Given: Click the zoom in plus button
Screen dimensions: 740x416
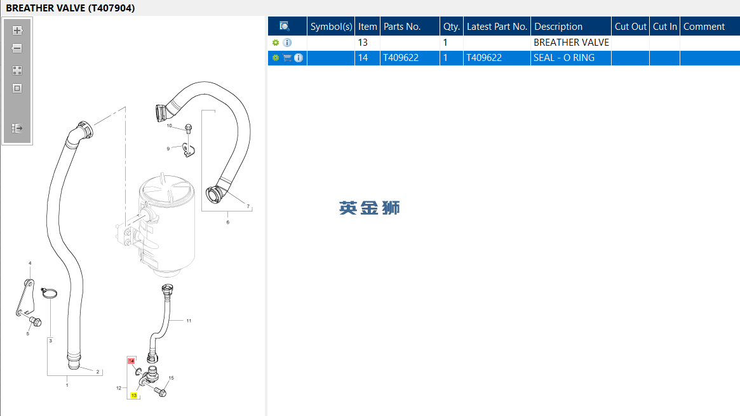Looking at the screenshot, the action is point(17,30).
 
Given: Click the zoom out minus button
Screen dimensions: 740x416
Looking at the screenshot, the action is point(17,48).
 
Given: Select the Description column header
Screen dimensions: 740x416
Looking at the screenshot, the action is point(558,27).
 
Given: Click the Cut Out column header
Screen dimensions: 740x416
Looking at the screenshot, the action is point(631,27).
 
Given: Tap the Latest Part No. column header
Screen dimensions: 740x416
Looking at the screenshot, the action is point(497,27).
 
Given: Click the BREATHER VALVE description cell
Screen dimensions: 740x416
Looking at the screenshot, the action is point(571,43).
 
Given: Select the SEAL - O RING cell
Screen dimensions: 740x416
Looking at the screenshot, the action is point(564,58).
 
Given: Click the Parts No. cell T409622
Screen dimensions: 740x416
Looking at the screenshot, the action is point(401,58).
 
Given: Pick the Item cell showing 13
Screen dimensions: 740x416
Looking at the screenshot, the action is point(363,43).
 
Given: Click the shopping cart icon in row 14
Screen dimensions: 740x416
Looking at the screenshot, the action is point(287,58).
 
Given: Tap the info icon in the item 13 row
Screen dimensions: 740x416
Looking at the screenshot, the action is point(287,43).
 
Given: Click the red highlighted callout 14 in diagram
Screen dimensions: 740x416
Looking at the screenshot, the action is point(131,361).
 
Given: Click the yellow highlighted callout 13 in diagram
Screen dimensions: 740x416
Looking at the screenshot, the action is point(134,395).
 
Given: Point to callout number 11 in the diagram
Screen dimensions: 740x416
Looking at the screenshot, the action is point(189,321).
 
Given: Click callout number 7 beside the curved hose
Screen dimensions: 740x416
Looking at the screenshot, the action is point(248,206).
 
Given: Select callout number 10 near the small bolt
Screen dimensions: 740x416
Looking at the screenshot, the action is point(170,126).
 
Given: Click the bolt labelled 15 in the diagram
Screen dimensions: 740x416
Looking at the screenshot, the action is point(161,391).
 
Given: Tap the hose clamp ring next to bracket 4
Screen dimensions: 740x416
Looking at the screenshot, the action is point(49,293).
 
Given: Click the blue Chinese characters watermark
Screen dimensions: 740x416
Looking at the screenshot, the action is point(370,208).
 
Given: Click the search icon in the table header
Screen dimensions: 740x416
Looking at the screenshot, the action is point(284,26).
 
